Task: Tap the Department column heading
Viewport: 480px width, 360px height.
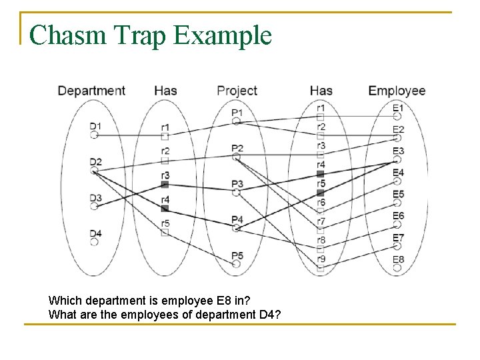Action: [x=91, y=91]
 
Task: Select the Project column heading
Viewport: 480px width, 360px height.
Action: [x=237, y=91]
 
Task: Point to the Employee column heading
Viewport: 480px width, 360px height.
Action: [x=397, y=91]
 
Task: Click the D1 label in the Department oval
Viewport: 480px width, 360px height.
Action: [x=95, y=126]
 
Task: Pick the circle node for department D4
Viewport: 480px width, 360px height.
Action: [x=95, y=242]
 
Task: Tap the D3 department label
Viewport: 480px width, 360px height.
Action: [x=95, y=198]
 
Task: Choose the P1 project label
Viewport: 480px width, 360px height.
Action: [x=237, y=113]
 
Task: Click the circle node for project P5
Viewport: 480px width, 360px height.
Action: [x=237, y=264]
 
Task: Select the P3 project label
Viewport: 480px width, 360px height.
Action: [x=237, y=183]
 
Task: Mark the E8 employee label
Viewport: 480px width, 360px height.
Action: [x=398, y=259]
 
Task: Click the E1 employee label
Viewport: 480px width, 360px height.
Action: [x=398, y=107]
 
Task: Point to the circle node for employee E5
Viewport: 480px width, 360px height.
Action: [x=397, y=203]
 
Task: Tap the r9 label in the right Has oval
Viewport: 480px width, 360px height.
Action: [x=321, y=259]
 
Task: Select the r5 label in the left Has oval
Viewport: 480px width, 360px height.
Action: [x=165, y=223]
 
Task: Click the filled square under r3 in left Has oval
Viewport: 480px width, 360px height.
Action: [x=165, y=184]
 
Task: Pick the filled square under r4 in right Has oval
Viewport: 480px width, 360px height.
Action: [x=321, y=174]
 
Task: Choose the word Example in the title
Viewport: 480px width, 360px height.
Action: [x=223, y=35]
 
